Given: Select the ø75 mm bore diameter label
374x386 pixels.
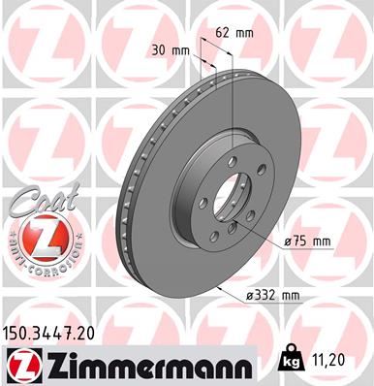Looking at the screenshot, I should (308, 241).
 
